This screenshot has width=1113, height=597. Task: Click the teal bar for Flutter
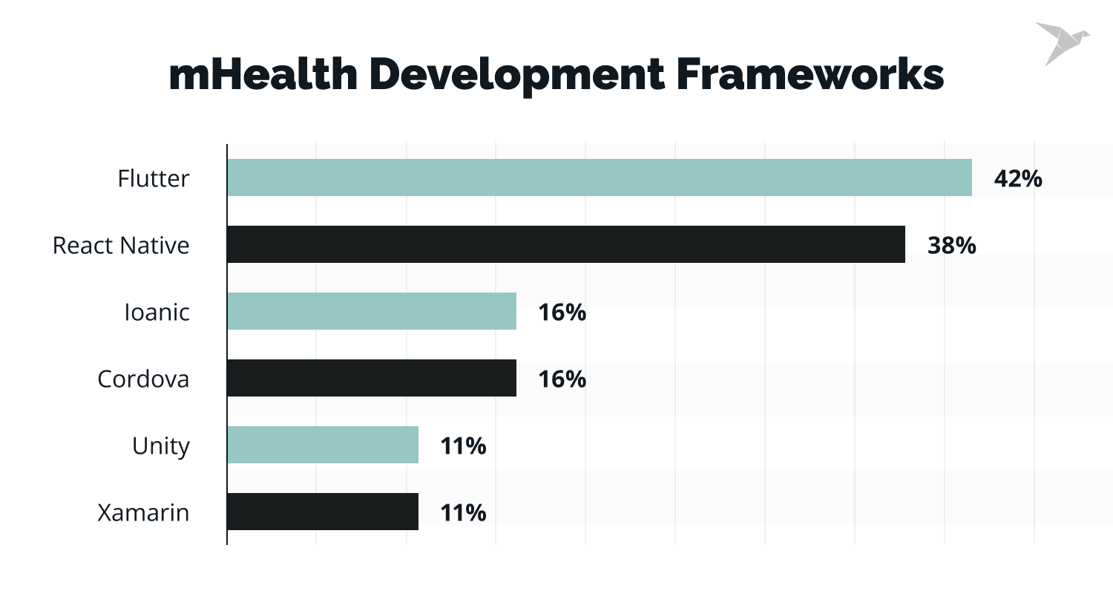[x=599, y=177]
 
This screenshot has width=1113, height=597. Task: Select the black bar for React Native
[x=565, y=244]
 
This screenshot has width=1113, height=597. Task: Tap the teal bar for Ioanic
[x=371, y=311]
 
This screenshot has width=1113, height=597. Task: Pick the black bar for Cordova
[x=371, y=378]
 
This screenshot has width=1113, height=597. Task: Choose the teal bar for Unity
[x=322, y=445]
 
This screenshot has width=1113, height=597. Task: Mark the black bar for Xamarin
[x=322, y=512]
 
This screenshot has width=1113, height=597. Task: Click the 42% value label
[x=1017, y=178]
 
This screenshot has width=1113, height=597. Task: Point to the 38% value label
[x=951, y=245]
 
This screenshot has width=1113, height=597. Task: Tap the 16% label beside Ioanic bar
[x=562, y=312]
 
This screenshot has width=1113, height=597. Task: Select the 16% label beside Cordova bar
[x=562, y=379]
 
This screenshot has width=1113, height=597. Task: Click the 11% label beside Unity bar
[x=463, y=446]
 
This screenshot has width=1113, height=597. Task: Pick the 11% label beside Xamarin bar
[x=463, y=512]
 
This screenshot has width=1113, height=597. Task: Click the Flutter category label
[x=154, y=178]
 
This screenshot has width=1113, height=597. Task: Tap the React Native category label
[x=121, y=245]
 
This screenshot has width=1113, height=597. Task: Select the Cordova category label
[x=143, y=379]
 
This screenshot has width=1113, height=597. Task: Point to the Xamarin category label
[x=143, y=512]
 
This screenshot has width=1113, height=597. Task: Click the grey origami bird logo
[x=1061, y=42]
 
